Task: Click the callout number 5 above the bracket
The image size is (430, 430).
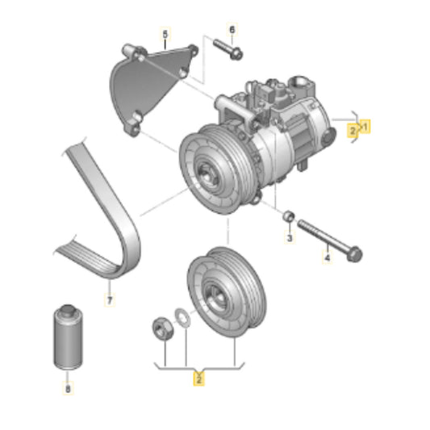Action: [165, 35]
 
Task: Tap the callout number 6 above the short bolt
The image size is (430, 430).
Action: [232, 30]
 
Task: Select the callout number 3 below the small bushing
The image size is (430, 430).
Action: [290, 237]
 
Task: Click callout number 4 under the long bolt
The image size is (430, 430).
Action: [328, 257]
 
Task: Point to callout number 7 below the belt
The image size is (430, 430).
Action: [110, 300]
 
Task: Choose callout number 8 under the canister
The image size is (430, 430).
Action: [68, 388]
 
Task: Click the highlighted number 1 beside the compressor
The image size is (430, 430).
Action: [365, 127]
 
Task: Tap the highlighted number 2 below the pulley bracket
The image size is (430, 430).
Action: [199, 379]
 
